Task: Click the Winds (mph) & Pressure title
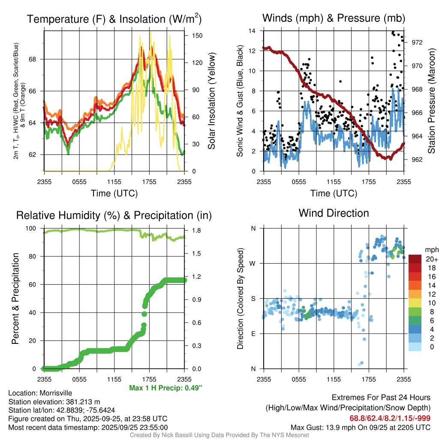pos(334,18)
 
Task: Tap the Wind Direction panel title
pos(334,213)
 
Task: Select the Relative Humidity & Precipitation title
pos(114,215)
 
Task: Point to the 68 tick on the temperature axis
pos(37,59)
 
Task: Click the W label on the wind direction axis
pos(253,263)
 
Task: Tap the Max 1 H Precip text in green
pos(165,388)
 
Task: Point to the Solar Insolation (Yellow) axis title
pos(212,101)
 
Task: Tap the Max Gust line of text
pos(361,427)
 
